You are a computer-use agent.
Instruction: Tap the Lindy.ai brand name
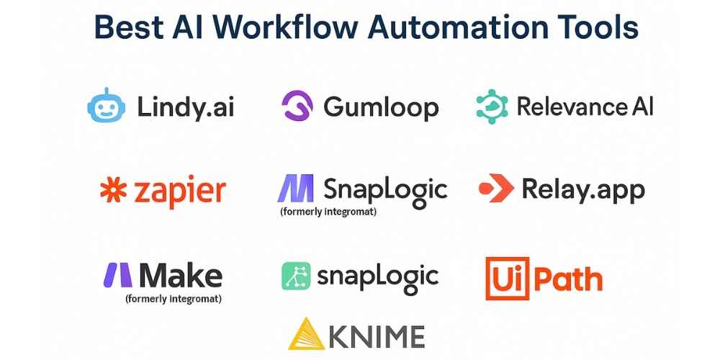[x=185, y=108]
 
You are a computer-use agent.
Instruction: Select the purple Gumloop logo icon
[x=296, y=107]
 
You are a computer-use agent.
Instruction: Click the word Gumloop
[x=381, y=107]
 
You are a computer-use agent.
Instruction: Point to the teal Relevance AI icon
[x=492, y=107]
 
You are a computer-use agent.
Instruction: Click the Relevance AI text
[x=585, y=107]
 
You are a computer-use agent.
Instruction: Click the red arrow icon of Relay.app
[x=496, y=189]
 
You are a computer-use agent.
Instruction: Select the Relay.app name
[x=583, y=191]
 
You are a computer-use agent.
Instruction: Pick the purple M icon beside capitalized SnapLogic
[x=295, y=188]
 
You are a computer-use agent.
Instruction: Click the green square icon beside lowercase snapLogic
[x=295, y=276]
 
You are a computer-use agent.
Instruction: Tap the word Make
[x=181, y=275]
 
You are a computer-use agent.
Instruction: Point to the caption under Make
[x=173, y=297]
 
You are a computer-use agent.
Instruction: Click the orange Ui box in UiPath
[x=505, y=278]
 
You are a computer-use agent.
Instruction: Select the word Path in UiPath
[x=566, y=279]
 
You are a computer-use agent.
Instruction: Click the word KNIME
[x=379, y=336]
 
